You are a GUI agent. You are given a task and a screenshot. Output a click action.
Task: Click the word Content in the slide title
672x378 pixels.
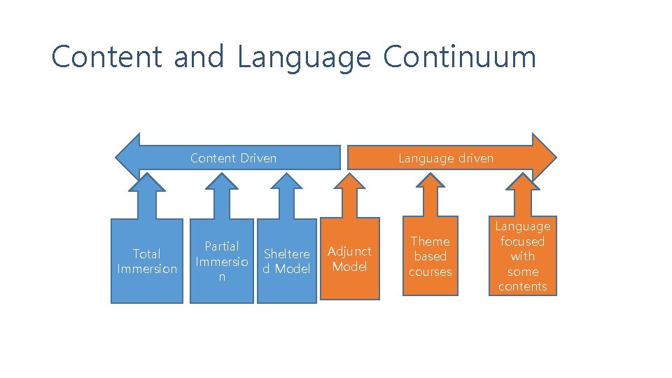pos(107,57)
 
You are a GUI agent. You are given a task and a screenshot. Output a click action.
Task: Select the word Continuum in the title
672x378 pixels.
pos(459,57)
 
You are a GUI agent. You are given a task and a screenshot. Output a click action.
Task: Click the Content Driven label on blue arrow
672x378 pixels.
pos(233,158)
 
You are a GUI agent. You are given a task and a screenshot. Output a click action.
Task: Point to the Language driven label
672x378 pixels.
pos(446,158)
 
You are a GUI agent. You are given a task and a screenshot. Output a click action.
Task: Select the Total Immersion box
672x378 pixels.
pos(147,261)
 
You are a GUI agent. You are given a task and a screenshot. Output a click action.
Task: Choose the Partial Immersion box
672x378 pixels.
pos(222,261)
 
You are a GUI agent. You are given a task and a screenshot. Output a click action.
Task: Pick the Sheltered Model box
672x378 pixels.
pos(286,261)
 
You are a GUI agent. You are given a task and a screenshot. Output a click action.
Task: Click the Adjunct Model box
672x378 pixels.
pos(349,258)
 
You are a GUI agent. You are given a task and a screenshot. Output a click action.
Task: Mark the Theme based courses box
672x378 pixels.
pos(430,256)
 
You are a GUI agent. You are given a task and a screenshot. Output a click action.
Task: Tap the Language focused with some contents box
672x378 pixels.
pos(522,256)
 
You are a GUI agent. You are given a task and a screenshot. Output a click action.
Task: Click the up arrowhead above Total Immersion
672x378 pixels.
pos(148,183)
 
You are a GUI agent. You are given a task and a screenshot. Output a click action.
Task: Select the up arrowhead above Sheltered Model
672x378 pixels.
pos(287,183)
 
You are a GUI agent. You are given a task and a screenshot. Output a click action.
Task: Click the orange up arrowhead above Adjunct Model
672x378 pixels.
pos(349,183)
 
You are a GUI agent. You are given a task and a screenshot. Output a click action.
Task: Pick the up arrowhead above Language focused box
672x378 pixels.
pos(523,183)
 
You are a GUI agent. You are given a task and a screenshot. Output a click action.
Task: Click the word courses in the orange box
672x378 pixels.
pos(430,272)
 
